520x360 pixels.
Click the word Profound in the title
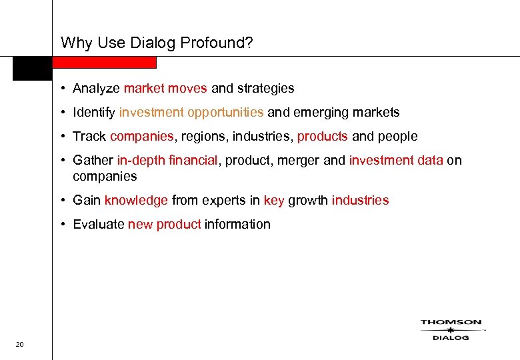[x=218, y=43]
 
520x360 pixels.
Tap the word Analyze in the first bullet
[x=97, y=89]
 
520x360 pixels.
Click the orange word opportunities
[x=225, y=113]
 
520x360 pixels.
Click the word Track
[x=89, y=137]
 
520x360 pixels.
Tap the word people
[x=397, y=137]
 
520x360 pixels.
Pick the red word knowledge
[x=136, y=201]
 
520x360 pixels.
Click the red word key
[x=274, y=201]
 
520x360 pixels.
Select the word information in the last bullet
[x=237, y=225]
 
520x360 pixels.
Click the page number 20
[x=19, y=344]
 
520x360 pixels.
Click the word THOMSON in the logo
[x=451, y=323]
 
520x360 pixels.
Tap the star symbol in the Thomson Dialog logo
[x=451, y=330]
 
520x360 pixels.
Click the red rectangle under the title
[x=104, y=63]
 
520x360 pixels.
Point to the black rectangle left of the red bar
[x=32, y=69]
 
